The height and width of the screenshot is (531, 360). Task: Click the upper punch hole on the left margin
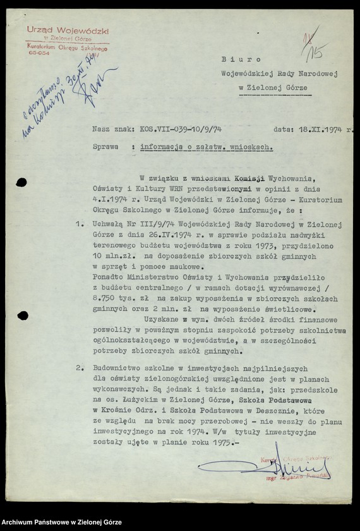pos(21,183)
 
